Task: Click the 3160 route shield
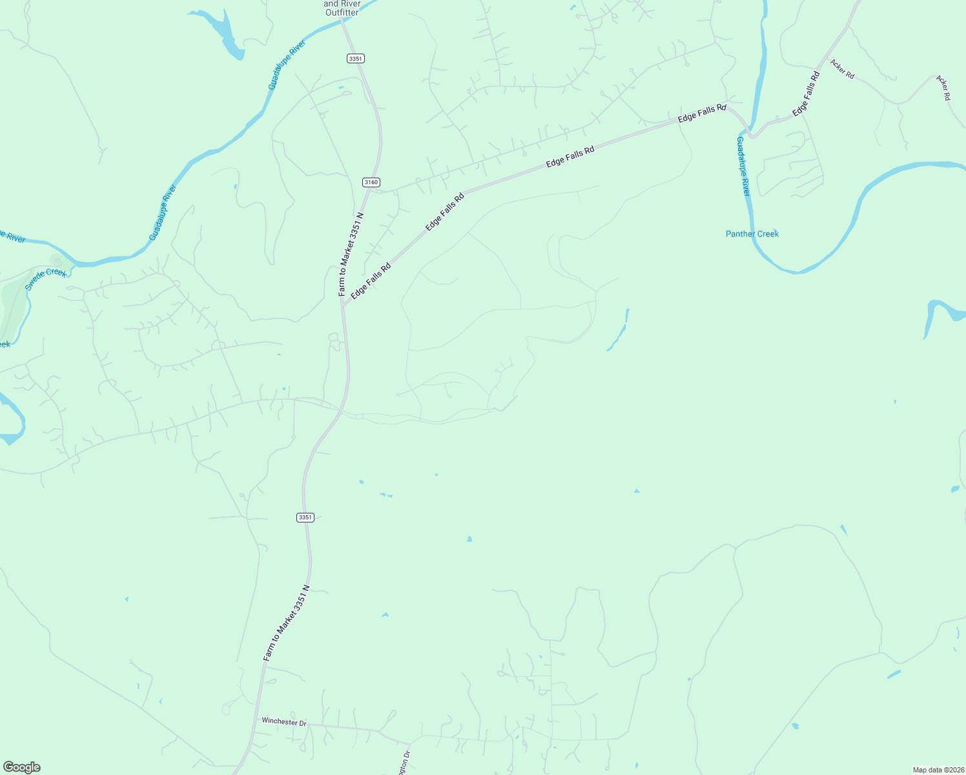(371, 182)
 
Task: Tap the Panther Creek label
(752, 234)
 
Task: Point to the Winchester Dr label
(284, 721)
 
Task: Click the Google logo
(21, 767)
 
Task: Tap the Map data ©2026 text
(938, 770)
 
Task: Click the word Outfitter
(342, 12)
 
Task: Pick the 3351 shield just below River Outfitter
(355, 58)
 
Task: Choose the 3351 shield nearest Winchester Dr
(305, 517)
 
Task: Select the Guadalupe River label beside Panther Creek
(744, 167)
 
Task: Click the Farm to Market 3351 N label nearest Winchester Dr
(287, 623)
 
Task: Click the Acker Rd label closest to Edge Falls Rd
(842, 69)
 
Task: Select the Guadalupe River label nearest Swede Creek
(163, 212)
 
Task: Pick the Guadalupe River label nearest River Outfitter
(287, 65)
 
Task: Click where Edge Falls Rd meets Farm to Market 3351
(344, 305)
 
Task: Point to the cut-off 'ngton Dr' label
(405, 763)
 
